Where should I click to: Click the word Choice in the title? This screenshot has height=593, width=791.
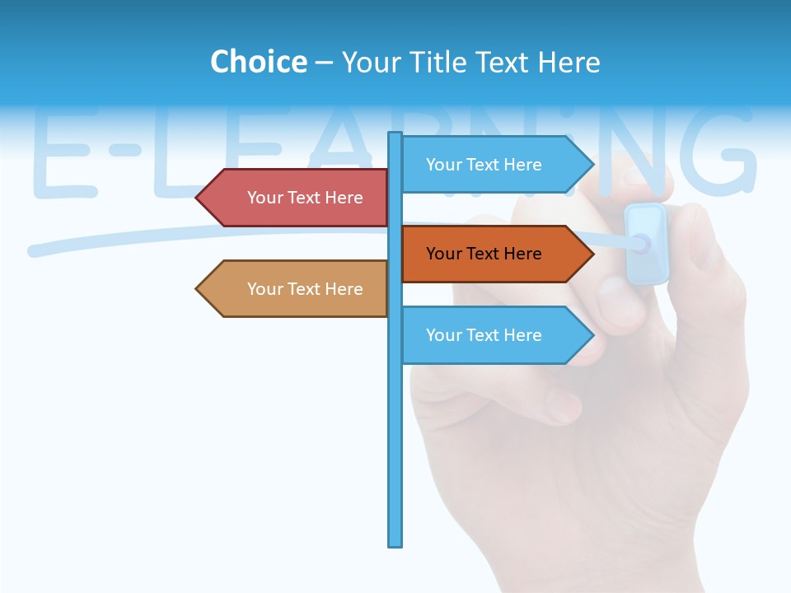tap(258, 62)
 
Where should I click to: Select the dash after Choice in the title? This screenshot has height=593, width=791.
tap(324, 63)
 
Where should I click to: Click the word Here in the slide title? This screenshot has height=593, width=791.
tap(569, 62)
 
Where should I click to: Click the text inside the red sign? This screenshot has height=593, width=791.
tap(305, 198)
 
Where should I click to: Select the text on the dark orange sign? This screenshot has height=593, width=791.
tap(484, 254)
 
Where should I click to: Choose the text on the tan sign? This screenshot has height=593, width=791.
tap(305, 289)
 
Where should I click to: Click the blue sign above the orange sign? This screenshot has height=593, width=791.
tap(494, 165)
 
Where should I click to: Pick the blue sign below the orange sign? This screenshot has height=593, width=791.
tap(494, 335)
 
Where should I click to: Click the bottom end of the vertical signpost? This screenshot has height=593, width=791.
tap(395, 543)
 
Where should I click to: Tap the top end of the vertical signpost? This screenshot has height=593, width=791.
tap(395, 135)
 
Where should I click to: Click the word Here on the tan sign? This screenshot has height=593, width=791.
tap(343, 289)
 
